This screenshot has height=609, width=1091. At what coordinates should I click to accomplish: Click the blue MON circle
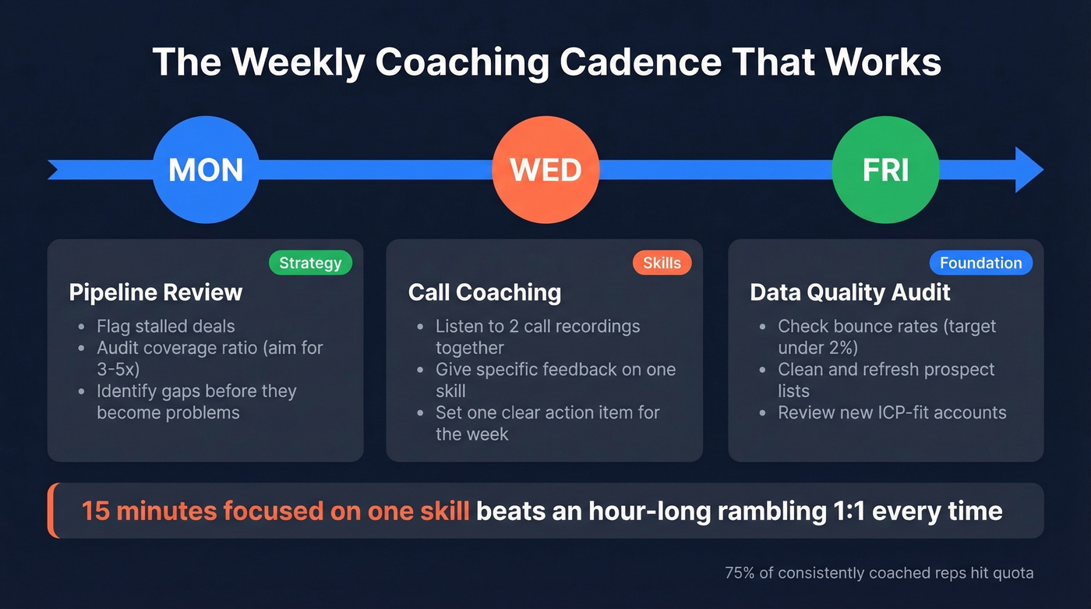click(206, 170)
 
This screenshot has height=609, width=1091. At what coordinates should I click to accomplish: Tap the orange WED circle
click(545, 170)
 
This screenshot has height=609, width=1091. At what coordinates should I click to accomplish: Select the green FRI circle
click(885, 170)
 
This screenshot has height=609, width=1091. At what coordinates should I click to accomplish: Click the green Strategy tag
click(310, 263)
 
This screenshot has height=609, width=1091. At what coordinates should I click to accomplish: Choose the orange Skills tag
click(662, 263)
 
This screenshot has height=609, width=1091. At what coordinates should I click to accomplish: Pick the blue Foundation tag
click(980, 263)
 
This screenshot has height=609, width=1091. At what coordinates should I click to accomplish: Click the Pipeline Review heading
click(156, 292)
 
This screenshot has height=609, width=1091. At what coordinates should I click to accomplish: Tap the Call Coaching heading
click(485, 292)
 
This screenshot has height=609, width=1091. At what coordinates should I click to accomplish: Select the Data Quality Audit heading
click(850, 292)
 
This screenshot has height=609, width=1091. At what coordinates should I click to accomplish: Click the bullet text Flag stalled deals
click(165, 327)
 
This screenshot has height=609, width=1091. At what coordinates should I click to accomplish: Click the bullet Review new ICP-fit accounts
click(892, 412)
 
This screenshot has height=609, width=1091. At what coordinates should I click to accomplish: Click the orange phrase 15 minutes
click(149, 511)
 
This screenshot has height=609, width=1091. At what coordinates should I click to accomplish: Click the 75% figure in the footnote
click(740, 573)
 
